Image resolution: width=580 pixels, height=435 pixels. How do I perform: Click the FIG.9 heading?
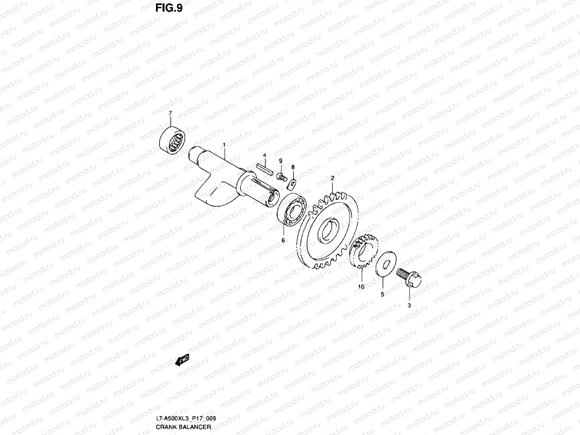[169, 8]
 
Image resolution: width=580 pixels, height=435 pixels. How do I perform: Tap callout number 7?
[170, 113]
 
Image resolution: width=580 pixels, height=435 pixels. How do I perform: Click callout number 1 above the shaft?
[224, 145]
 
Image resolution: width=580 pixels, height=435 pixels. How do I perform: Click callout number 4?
[265, 155]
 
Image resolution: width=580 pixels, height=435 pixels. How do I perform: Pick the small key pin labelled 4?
[265, 169]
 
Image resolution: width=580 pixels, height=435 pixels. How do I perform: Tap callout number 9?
[280, 161]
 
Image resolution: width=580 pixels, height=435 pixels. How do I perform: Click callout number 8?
[293, 167]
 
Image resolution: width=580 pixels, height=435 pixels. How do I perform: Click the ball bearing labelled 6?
[293, 210]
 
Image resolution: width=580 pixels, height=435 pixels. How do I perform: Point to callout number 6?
[283, 240]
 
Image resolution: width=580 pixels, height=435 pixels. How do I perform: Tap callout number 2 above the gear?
[332, 178]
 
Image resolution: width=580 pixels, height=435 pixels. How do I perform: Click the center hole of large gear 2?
[329, 230]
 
